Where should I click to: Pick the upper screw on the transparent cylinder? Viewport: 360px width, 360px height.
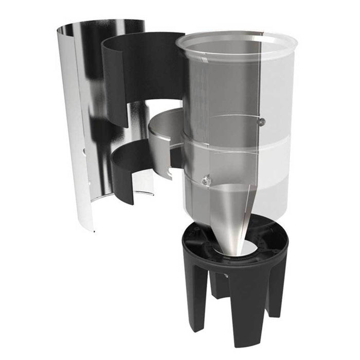[x=261, y=121]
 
